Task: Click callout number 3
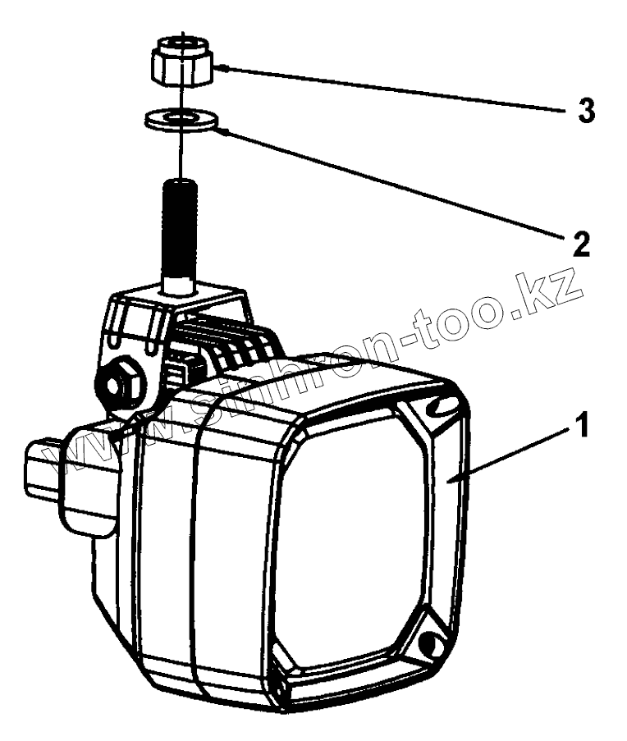pos(586,111)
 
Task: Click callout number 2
pos(580,245)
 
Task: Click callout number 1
pos(582,428)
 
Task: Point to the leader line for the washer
pos(386,185)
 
